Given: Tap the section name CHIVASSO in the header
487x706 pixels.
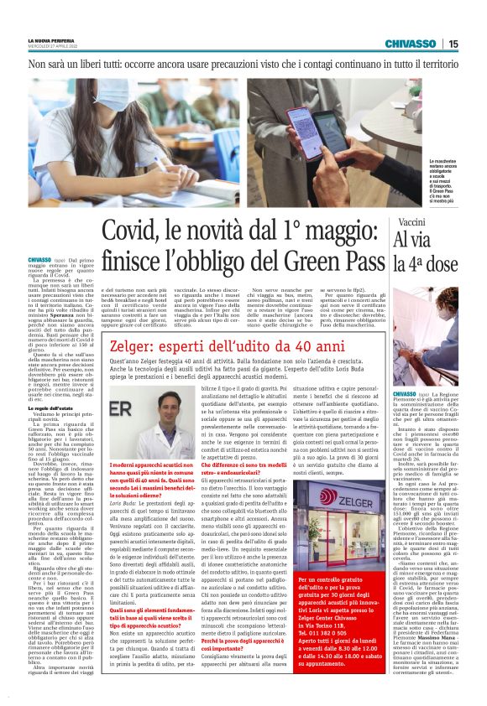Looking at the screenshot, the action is pyautogui.click(x=411, y=44).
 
